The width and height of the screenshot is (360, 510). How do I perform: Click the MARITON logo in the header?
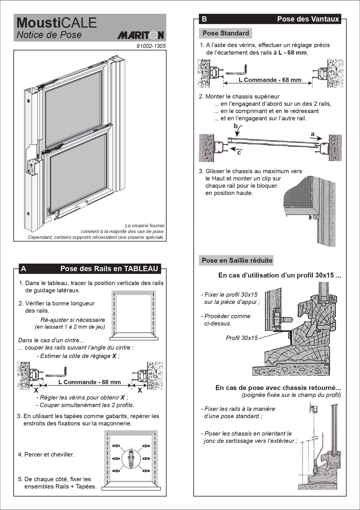click(x=141, y=35)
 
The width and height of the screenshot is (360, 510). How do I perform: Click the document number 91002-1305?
click(x=151, y=46)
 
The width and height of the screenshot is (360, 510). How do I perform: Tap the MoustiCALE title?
click(x=57, y=23)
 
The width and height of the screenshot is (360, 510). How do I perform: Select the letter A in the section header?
click(x=24, y=269)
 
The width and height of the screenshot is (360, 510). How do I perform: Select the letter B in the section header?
click(x=204, y=19)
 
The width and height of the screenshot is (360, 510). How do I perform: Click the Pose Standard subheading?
click(x=226, y=33)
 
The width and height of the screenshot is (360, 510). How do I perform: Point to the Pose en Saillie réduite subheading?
click(x=237, y=260)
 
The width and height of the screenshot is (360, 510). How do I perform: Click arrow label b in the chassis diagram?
click(x=236, y=126)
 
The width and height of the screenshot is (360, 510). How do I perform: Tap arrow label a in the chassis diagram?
click(x=313, y=134)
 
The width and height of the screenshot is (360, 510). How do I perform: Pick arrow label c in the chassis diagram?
click(x=239, y=153)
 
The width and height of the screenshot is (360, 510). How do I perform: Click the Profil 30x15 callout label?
click(x=242, y=338)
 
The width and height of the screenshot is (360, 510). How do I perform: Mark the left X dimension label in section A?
click(x=36, y=391)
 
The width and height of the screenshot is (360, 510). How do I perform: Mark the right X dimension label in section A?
click(x=140, y=391)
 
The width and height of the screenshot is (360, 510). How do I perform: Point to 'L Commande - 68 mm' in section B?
click(x=270, y=80)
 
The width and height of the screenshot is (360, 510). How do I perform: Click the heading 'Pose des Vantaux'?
click(x=308, y=19)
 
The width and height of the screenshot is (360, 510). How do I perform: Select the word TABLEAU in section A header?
click(x=141, y=269)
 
